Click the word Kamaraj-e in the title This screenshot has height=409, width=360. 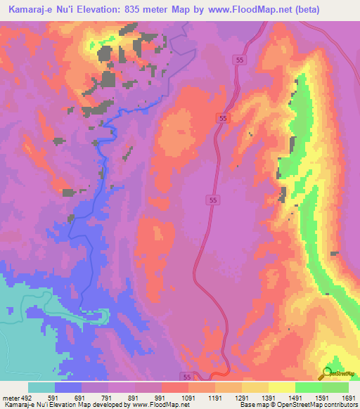pyautogui.click(x=28, y=9)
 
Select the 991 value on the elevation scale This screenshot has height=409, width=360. pyautogui.click(x=161, y=398)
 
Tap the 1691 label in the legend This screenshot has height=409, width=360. pyautogui.click(x=348, y=398)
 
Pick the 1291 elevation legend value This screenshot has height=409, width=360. pyautogui.click(x=241, y=398)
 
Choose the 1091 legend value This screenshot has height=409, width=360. pyautogui.click(x=188, y=398)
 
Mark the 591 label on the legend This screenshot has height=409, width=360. pyautogui.click(x=54, y=398)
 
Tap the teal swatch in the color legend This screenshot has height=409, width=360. pyautogui.click(x=41, y=387)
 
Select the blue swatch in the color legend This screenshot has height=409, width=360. pyautogui.click(x=67, y=387)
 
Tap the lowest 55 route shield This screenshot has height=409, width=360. pyautogui.click(x=186, y=377)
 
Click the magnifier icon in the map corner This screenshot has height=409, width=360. pyautogui.click(x=328, y=372)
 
